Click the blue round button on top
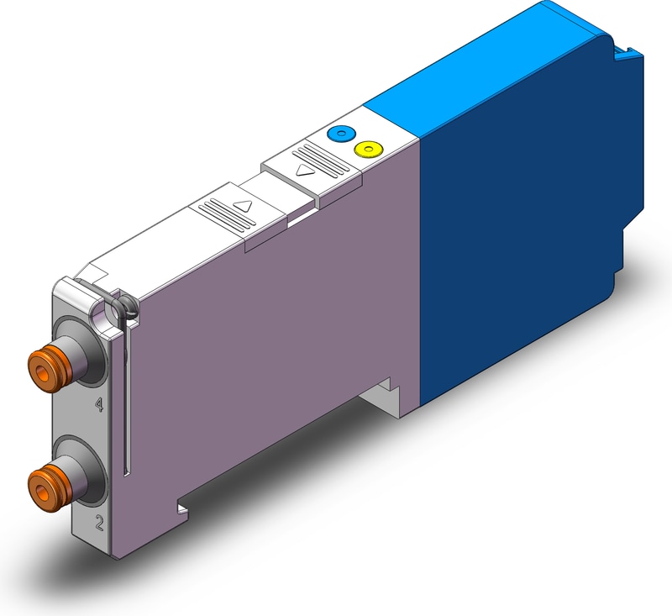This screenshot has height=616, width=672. [x=341, y=133]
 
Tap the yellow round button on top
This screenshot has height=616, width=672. [x=369, y=149]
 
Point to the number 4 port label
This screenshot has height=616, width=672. [x=99, y=404]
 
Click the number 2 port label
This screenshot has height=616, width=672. [x=99, y=523]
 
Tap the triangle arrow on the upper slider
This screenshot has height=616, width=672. [x=305, y=171]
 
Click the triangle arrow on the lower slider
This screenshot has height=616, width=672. [x=244, y=206]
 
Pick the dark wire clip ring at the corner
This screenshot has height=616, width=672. [x=124, y=308]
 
